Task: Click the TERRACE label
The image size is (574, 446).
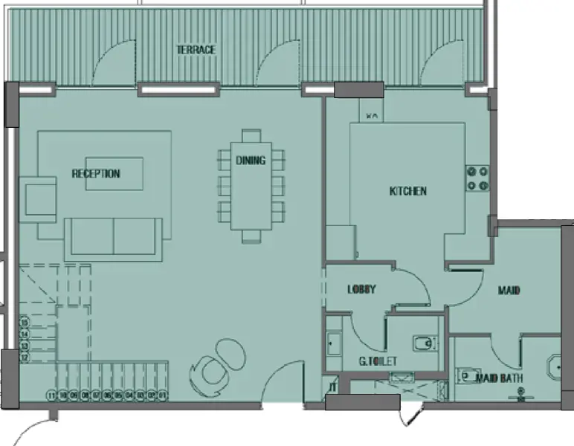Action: point(196,50)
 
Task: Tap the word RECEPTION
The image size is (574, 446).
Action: point(96,174)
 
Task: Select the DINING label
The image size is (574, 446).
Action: point(251,160)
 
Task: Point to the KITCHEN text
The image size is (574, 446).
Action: point(408,191)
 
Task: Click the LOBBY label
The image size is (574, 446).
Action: point(361,290)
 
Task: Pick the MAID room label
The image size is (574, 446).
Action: point(509,290)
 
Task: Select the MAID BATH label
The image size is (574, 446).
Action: point(500,378)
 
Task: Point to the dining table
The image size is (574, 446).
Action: point(251,186)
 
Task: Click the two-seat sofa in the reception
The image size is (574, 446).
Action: point(113,237)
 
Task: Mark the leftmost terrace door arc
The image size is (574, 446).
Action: point(113,62)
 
